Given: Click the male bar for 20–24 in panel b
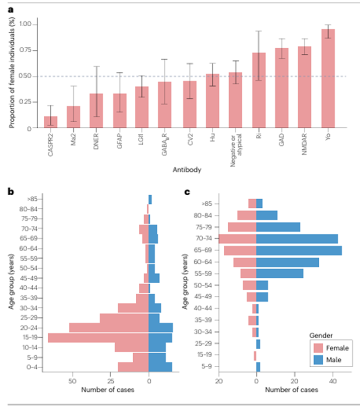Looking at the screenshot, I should click(x=160, y=328).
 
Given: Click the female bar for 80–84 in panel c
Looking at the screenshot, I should click(x=247, y=215).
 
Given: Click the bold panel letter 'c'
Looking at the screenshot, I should click(x=188, y=191).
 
